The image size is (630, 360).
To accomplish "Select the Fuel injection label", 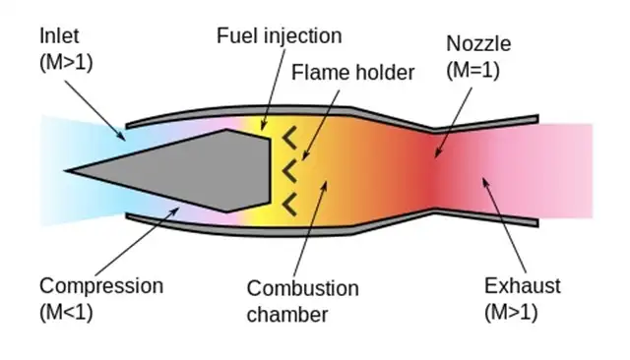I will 279,36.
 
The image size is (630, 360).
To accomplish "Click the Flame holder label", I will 353,72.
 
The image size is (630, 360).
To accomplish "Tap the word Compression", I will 100,286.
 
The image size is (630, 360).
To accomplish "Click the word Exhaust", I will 522,286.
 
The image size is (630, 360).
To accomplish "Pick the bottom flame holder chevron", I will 289,204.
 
